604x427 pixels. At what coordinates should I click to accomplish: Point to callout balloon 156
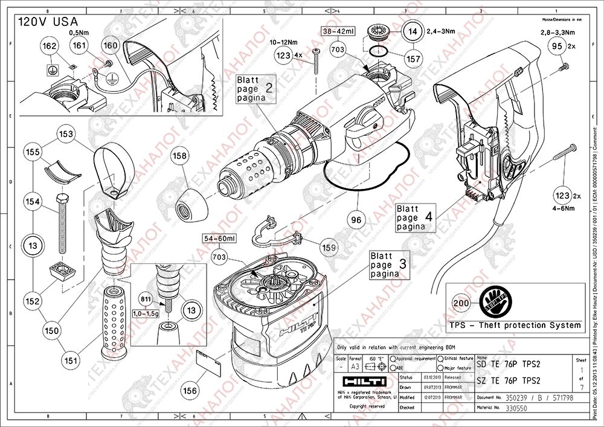(191, 390)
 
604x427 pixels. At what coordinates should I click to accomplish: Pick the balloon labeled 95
(557, 45)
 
